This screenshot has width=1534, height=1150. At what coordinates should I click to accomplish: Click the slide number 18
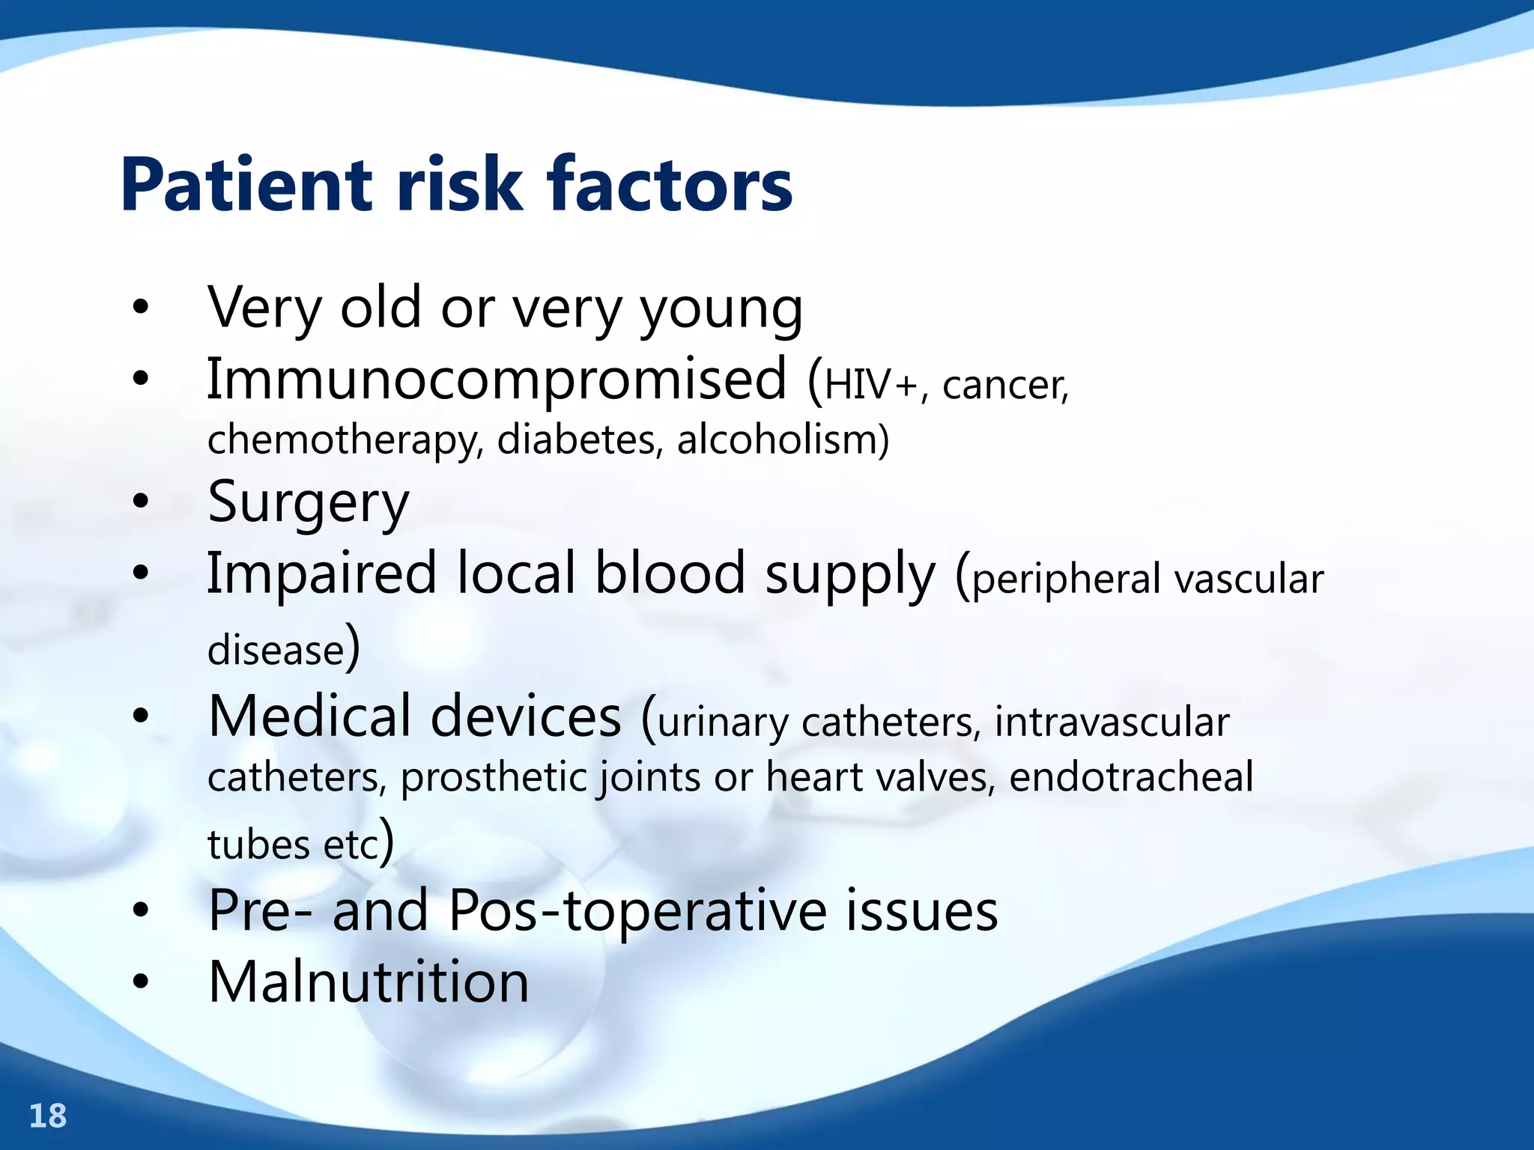[48, 1116]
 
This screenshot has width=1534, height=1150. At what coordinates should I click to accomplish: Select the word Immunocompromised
[497, 380]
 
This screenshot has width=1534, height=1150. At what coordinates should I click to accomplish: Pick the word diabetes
[580, 439]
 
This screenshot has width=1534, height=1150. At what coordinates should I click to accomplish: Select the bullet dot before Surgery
[140, 502]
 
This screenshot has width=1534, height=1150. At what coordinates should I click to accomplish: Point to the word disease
[276, 650]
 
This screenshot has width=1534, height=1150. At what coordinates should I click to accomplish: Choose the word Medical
[310, 717]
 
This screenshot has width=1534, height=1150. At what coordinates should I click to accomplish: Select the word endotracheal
[1131, 777]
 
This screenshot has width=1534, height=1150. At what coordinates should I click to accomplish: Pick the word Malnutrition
[369, 982]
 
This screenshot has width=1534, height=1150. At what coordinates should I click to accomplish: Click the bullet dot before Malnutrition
[140, 982]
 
